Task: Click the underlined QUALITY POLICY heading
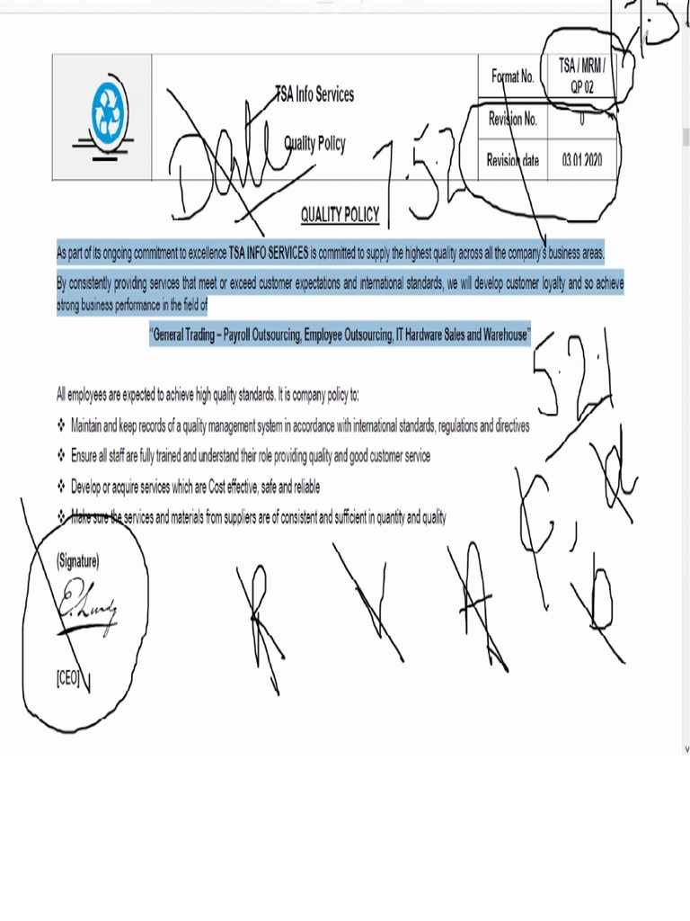point(340,215)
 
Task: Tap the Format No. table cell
point(512,76)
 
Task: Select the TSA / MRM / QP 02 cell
point(582,76)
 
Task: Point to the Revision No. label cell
point(512,119)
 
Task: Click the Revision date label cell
point(512,161)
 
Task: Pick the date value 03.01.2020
point(582,161)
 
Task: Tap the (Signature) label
point(78,561)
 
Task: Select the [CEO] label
point(68,679)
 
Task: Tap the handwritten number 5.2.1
point(575,378)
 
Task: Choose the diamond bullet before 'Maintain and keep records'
point(60,425)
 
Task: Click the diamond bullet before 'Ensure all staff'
point(60,456)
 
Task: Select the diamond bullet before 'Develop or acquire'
point(60,487)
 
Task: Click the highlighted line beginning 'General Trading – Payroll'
point(340,335)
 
